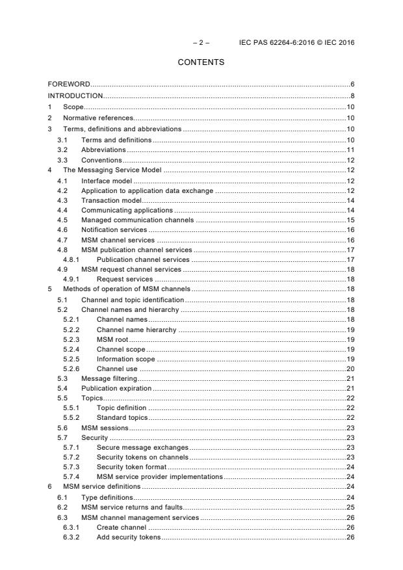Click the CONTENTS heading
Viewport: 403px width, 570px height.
click(201, 62)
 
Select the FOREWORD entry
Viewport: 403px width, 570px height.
click(69, 84)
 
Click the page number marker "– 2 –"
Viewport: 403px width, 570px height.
click(201, 42)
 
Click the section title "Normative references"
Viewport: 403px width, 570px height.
click(98, 118)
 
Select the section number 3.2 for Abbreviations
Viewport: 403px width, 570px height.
click(61, 149)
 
